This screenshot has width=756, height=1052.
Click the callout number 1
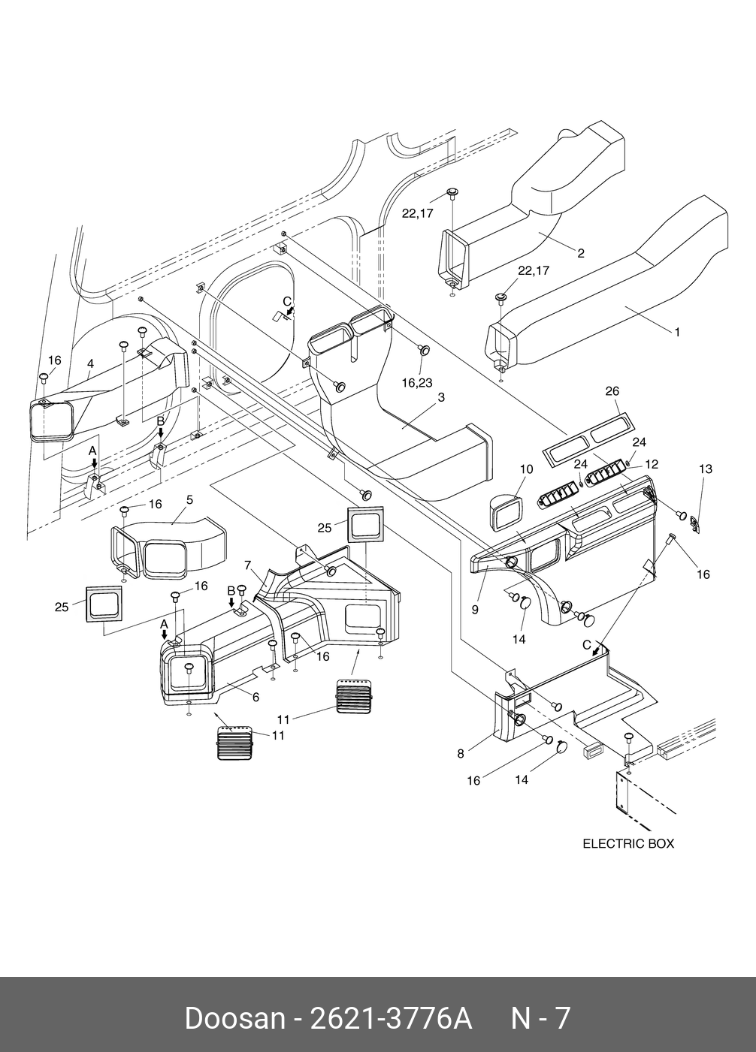click(677, 331)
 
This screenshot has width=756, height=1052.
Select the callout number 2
click(581, 253)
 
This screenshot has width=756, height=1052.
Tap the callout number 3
click(441, 397)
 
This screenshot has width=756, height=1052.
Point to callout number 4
click(90, 363)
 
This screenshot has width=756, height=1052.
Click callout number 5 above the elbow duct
click(189, 499)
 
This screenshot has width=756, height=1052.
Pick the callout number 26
click(612, 390)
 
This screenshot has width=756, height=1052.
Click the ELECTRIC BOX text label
click(628, 843)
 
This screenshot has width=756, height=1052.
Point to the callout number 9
click(475, 609)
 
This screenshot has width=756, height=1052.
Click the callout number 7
click(246, 564)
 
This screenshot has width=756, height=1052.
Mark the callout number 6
click(256, 697)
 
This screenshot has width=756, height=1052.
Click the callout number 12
click(651, 463)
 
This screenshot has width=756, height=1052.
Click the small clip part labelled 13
click(696, 523)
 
